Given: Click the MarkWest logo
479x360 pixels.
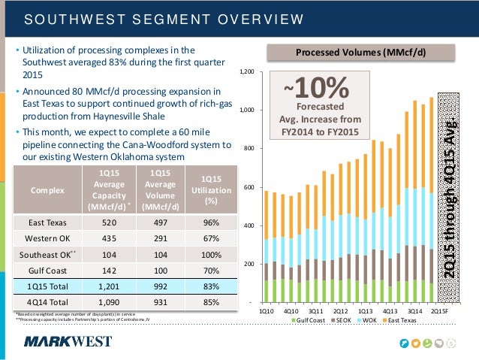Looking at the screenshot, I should point(68,342).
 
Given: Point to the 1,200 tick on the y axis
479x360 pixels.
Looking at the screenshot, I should point(247,72).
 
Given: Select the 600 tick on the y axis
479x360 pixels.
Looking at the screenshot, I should point(249,187).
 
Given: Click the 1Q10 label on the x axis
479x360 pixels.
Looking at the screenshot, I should point(267,310).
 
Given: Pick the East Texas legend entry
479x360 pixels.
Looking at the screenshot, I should point(405,321).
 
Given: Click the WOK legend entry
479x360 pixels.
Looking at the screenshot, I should point(369,321).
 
